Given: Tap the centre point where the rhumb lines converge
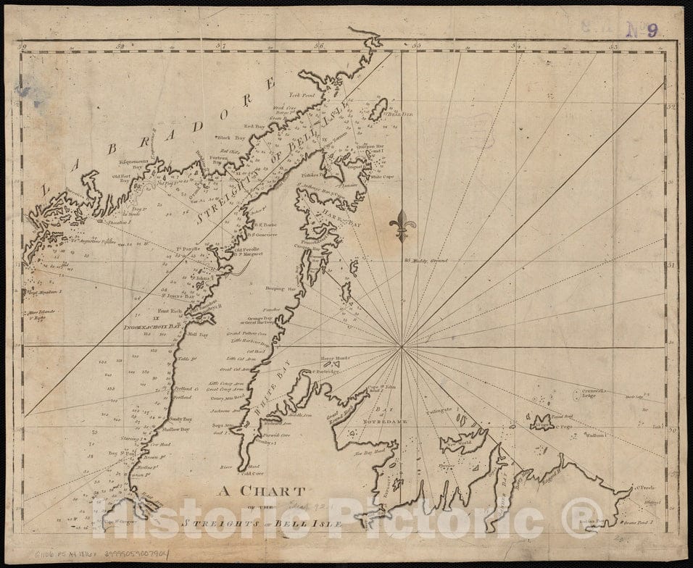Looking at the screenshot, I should [401, 347].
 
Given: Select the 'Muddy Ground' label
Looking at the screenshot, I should [428, 260].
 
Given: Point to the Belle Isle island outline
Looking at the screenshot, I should [378, 110].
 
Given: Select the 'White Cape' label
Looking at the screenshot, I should [381, 176].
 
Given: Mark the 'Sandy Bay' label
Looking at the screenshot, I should [180, 419].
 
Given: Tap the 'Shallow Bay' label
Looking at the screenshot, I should [177, 429].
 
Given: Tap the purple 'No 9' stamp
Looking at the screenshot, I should [642, 29].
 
